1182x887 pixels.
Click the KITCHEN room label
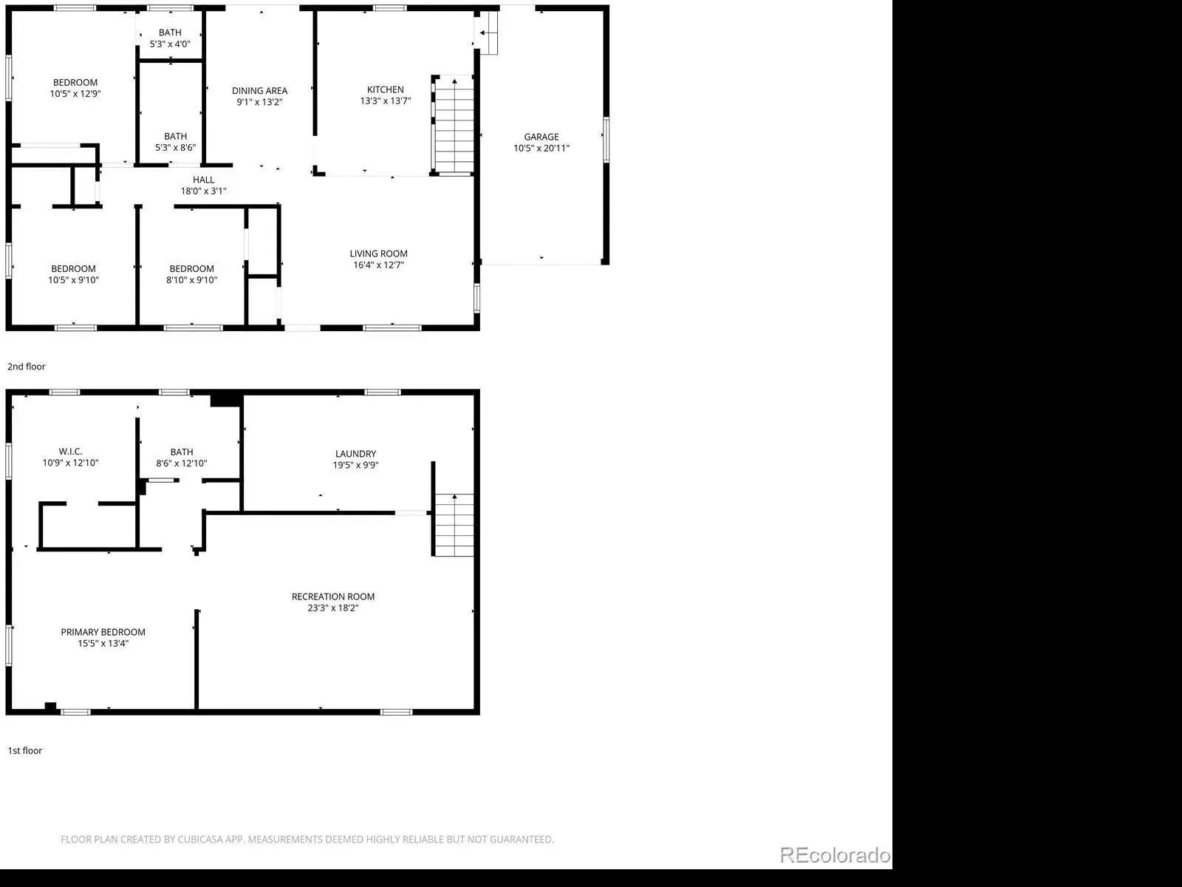[x=385, y=89]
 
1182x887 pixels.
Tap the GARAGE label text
[x=542, y=137]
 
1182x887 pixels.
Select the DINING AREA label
[x=259, y=90]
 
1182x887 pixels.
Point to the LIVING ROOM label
[x=378, y=254]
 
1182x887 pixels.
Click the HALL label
[x=204, y=180]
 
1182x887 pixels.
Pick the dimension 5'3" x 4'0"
[x=170, y=44]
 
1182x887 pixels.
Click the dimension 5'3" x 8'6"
[x=176, y=147]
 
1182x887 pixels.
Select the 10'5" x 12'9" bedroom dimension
[x=75, y=93]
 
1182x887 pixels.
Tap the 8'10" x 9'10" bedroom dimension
[x=191, y=279]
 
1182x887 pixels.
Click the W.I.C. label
[x=70, y=452]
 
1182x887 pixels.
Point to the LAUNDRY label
[x=355, y=453]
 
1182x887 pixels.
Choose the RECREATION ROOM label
[x=332, y=597]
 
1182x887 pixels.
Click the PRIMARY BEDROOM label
[x=103, y=632]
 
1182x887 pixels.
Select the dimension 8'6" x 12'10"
[x=182, y=463]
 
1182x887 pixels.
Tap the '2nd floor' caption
[x=27, y=366]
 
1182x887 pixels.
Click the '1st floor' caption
[x=25, y=750]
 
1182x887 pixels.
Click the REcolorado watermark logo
[x=836, y=854]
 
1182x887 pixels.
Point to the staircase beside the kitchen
[x=454, y=125]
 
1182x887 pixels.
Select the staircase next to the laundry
[x=454, y=525]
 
